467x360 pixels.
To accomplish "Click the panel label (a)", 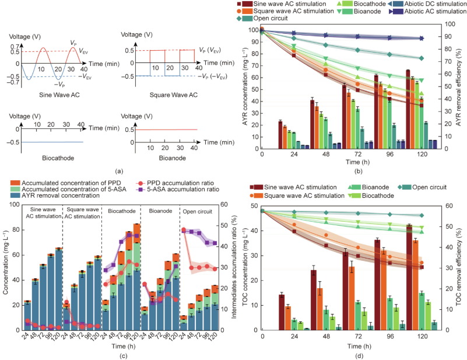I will point(119,171).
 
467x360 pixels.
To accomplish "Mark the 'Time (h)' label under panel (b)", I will point(350,161).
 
